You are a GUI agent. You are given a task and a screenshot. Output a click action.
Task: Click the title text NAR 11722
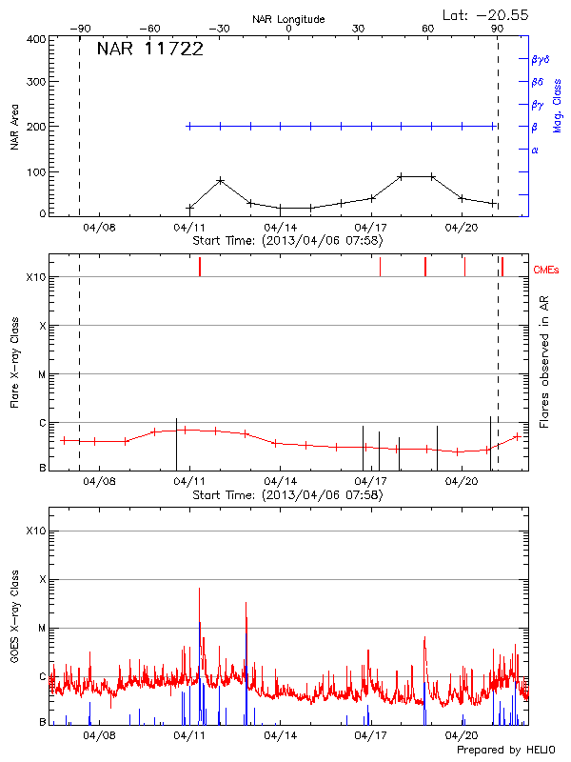click(x=149, y=50)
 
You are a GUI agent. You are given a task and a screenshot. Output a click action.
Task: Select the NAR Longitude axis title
click(x=288, y=18)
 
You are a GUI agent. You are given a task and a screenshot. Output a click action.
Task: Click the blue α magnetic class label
click(x=535, y=150)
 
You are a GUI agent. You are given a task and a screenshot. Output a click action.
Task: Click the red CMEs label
click(x=546, y=271)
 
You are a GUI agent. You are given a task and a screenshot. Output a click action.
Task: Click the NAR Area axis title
click(x=13, y=126)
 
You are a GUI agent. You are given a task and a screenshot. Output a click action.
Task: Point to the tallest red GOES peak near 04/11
click(x=199, y=589)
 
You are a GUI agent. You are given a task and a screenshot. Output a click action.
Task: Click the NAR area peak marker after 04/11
click(x=220, y=180)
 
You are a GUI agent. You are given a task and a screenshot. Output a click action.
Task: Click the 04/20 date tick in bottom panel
click(x=462, y=735)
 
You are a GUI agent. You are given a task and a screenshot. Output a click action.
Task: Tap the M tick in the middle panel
click(x=42, y=374)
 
